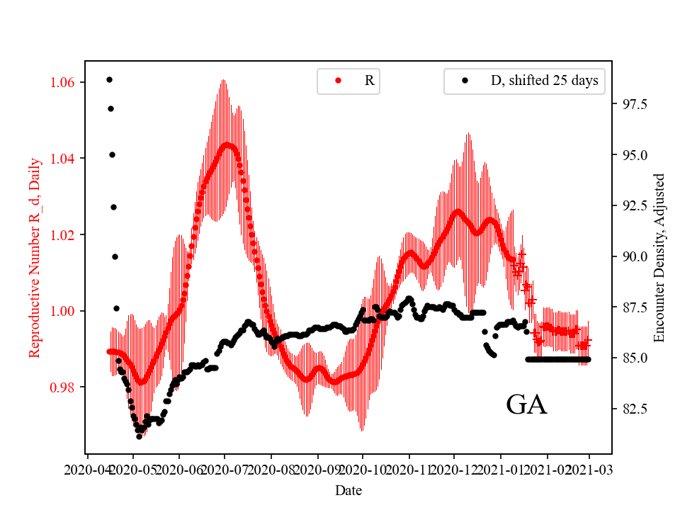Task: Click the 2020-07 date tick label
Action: (224, 469)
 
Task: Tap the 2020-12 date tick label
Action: (454, 469)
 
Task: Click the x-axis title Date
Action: (348, 489)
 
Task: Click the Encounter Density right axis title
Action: (659, 257)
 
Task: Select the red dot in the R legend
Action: (338, 81)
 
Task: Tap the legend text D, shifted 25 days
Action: (544, 81)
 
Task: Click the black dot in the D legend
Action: (465, 81)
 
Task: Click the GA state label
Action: (526, 405)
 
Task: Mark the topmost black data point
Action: (109, 79)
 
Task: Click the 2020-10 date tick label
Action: (362, 469)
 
